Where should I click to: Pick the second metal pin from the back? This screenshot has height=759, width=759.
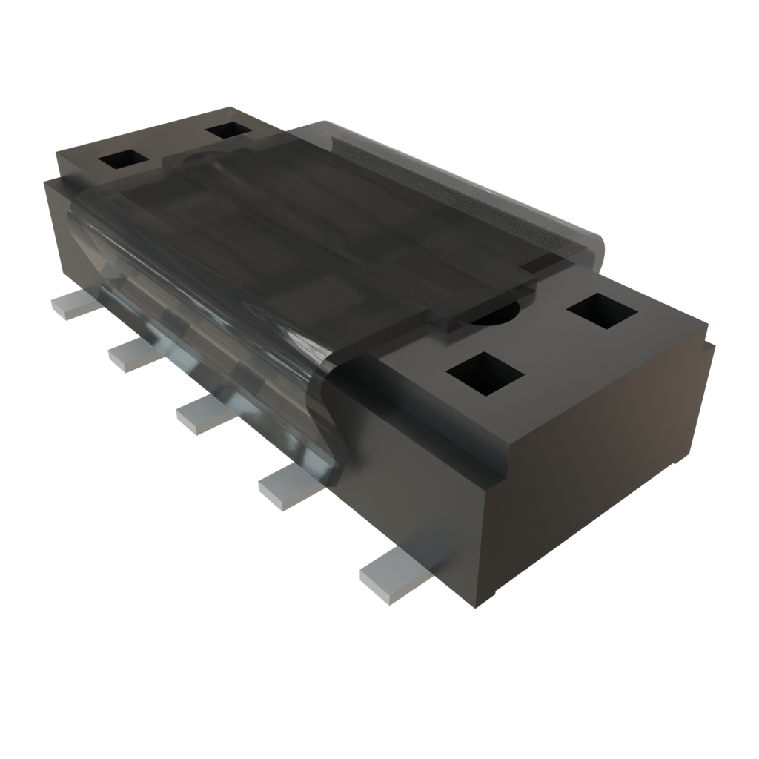(x=133, y=355)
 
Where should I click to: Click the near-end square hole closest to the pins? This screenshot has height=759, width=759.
(x=485, y=373)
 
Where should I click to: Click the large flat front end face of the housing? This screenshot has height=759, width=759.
(x=593, y=460)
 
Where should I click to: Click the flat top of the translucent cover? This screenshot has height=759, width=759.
(x=334, y=222)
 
